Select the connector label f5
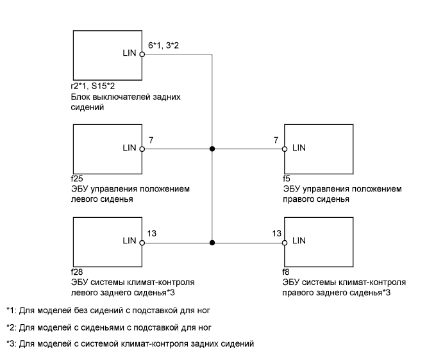coord(286,180)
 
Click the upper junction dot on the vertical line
coord(212,149)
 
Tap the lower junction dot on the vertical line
coord(212,242)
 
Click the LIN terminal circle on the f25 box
coord(142,149)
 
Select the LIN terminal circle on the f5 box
coord(285,149)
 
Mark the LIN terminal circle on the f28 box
coord(142,242)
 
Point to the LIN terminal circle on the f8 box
coord(285,242)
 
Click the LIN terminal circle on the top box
coord(142,54)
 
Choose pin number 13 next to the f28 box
coord(152,233)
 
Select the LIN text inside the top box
coord(129,54)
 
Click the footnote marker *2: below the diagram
coord(11,327)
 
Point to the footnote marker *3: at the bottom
coord(11,344)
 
